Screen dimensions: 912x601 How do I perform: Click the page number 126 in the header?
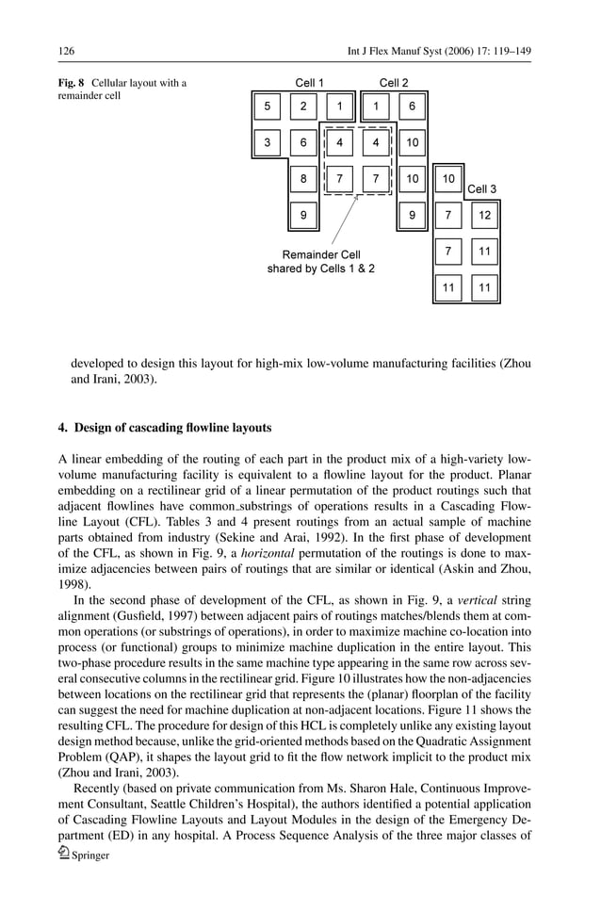click(66, 50)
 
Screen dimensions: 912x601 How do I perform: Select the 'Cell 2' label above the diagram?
click(394, 83)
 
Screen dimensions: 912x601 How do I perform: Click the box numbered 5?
click(267, 107)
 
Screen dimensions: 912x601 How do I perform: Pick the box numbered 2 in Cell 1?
click(303, 107)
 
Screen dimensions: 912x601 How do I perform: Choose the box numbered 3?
click(267, 143)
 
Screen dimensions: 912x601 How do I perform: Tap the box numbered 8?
click(303, 179)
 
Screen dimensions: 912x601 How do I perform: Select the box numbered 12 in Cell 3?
click(484, 216)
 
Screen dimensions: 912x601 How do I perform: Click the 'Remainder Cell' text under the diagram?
click(321, 254)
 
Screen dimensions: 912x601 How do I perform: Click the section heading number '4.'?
click(64, 428)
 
